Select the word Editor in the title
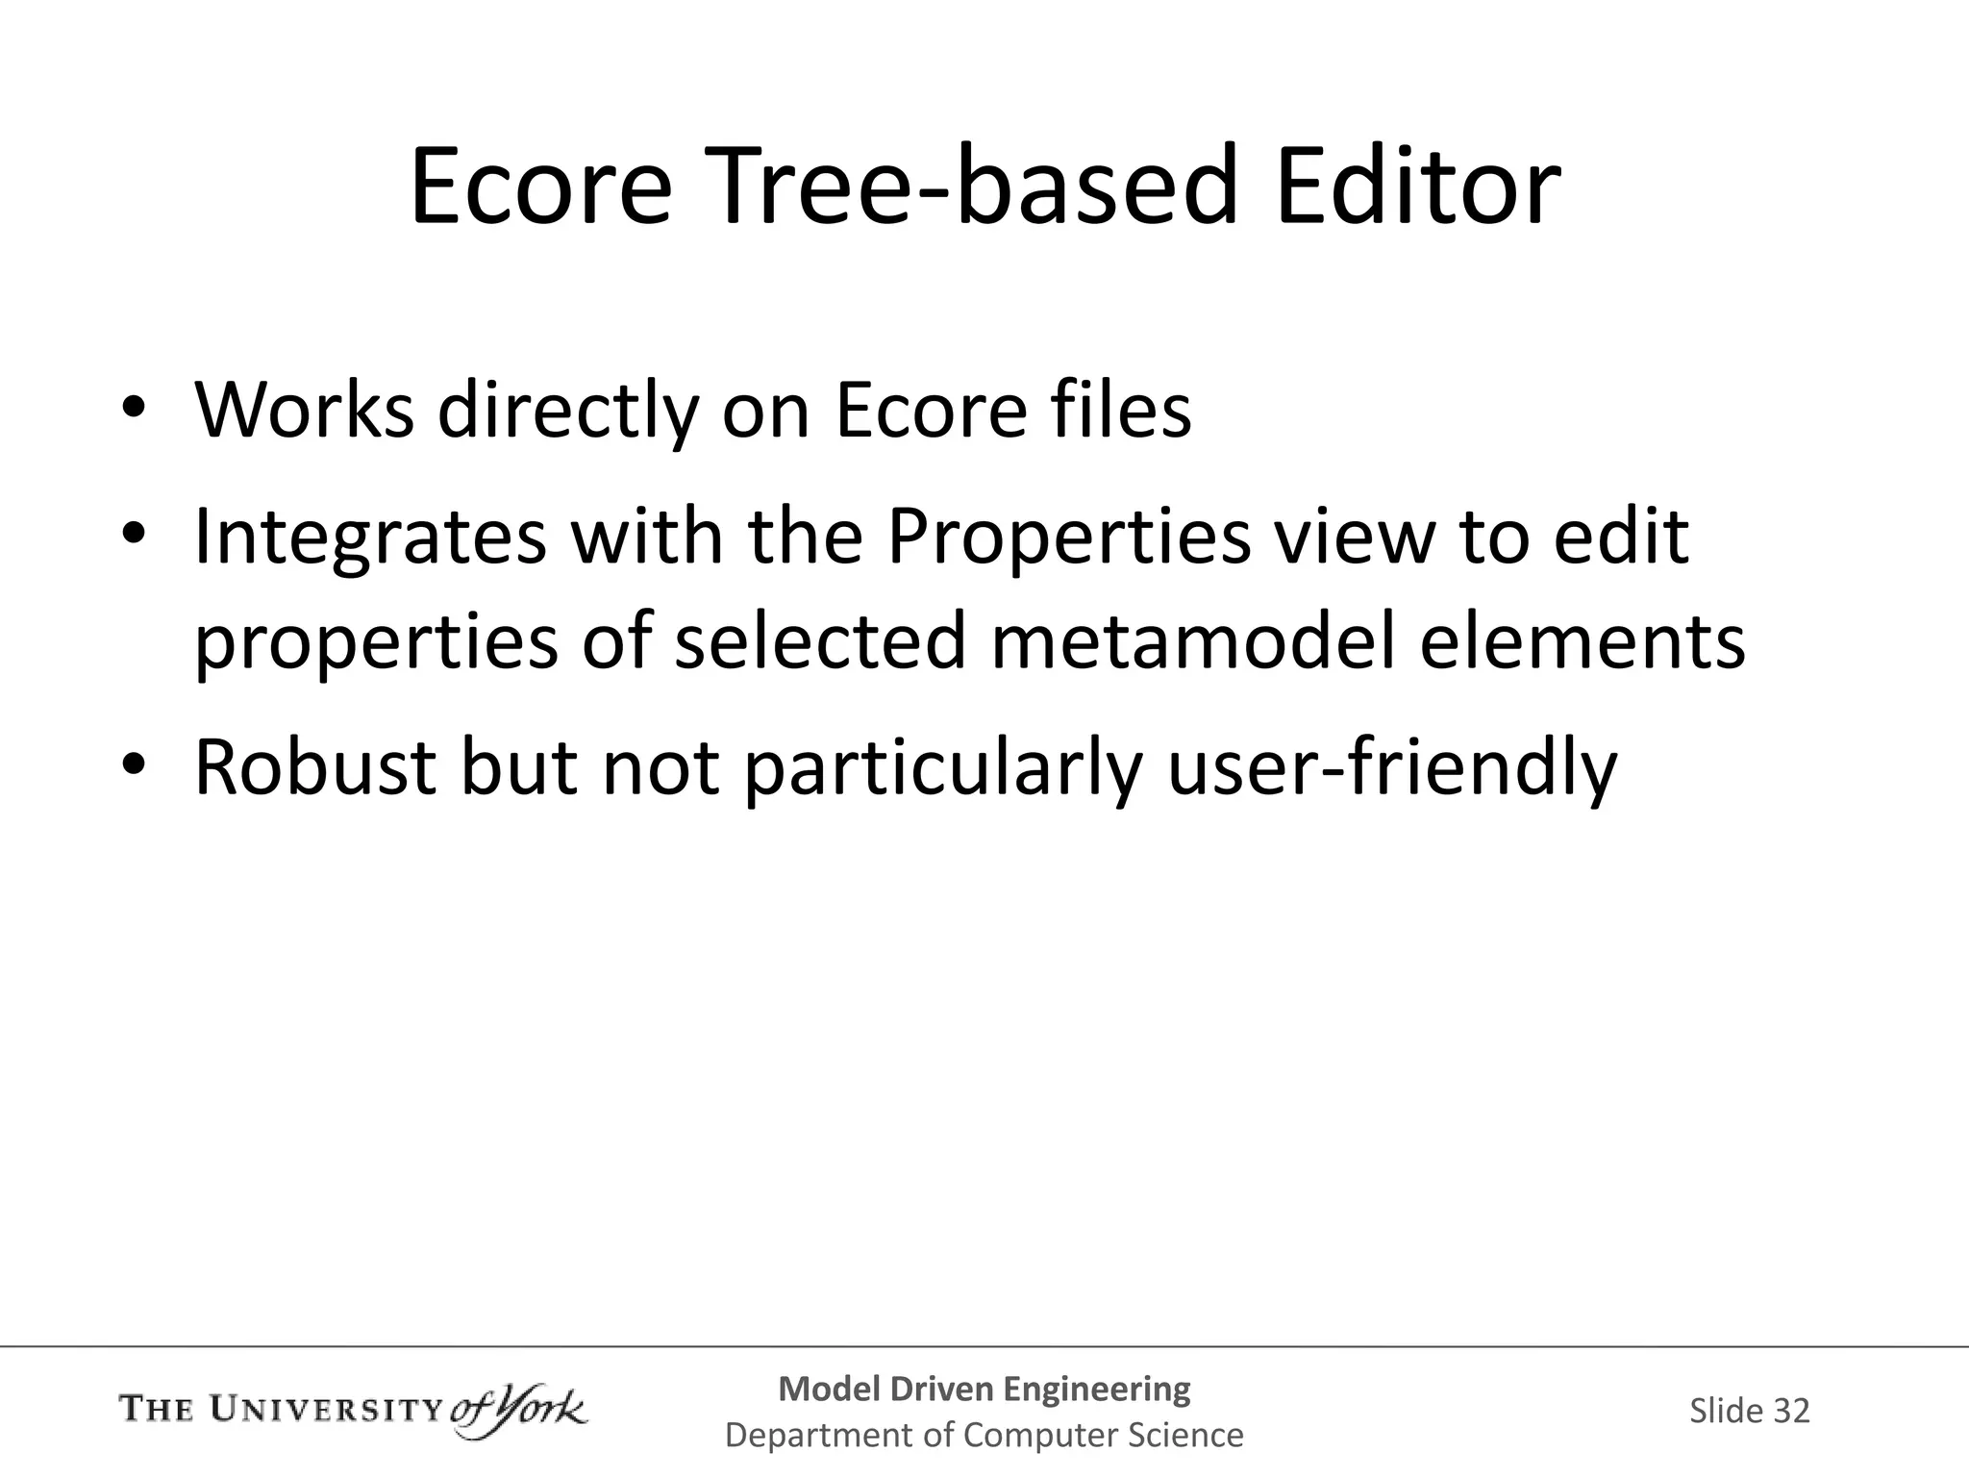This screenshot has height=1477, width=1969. pos(1417,187)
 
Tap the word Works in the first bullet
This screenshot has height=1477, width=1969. pos(305,411)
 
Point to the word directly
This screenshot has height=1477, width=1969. pos(566,413)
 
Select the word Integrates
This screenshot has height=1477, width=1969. pos(370,538)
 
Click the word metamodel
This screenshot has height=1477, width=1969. pos(1192,642)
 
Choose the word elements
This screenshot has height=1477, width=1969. pos(1583,642)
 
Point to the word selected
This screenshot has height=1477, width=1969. pos(820,642)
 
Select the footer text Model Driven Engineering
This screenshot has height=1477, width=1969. pos(984,1389)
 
